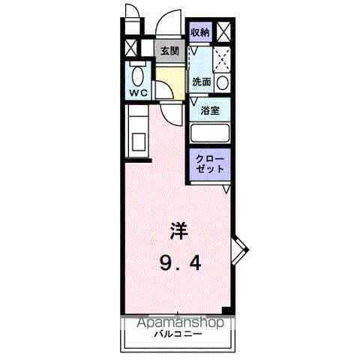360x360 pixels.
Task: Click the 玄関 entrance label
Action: [169, 51]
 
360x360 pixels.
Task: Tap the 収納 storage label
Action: [199, 32]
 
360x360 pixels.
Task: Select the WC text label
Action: [137, 93]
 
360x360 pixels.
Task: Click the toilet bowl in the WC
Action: [138, 76]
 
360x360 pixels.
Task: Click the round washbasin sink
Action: [222, 82]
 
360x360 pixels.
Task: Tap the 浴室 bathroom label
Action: [210, 110]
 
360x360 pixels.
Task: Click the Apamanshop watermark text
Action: [180, 322]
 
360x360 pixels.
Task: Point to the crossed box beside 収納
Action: [223, 32]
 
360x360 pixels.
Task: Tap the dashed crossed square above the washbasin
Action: [222, 58]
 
